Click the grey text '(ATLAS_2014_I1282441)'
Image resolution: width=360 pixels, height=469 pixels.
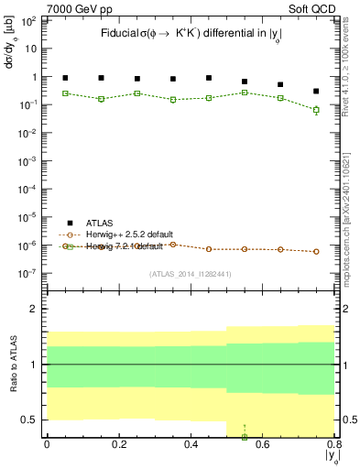[x=190, y=274]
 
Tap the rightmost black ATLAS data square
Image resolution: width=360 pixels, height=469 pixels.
[x=316, y=92]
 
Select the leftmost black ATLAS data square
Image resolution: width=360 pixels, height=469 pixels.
[x=65, y=78]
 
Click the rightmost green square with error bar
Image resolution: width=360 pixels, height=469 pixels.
[x=316, y=110]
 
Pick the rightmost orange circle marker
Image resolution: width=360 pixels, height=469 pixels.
[x=316, y=251]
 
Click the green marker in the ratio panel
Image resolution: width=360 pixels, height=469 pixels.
[x=245, y=436]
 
